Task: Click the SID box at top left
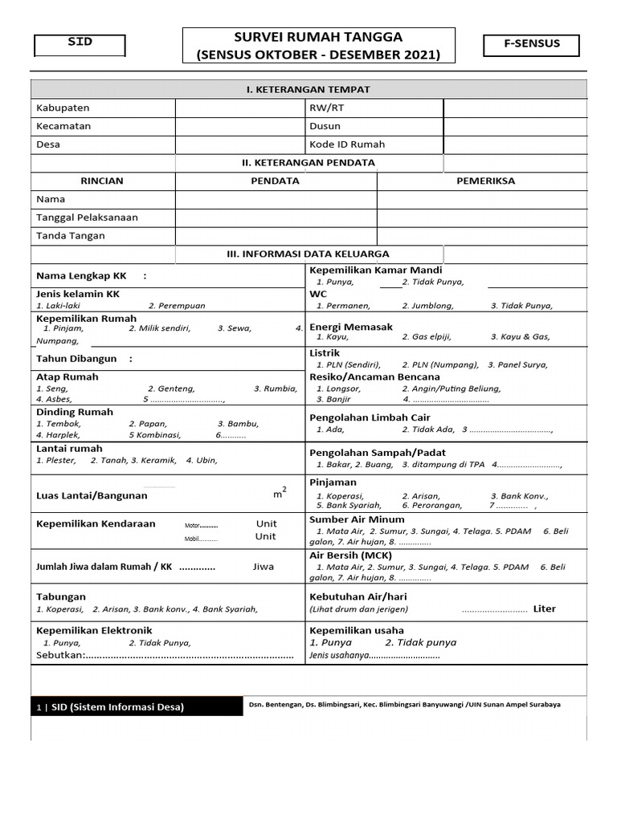point(80,45)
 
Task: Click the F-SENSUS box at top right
point(531,45)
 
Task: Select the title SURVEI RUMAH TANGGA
point(318,37)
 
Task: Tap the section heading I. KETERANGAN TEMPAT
point(308,89)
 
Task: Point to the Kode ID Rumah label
point(347,144)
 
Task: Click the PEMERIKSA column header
point(485,181)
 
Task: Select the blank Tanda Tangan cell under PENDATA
point(276,236)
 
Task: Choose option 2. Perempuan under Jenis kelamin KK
point(177,306)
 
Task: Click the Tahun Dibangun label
point(76,359)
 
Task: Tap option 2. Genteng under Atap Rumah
point(171,389)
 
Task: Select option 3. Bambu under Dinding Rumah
point(237,424)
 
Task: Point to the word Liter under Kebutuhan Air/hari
point(544,608)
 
